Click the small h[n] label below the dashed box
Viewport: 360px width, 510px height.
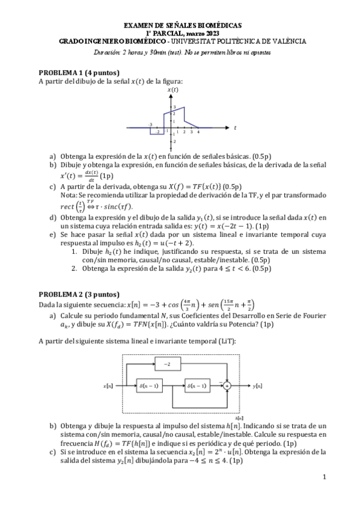click(240, 417)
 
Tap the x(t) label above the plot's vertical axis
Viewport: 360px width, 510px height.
click(172, 90)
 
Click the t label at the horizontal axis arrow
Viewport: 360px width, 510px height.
click(235, 127)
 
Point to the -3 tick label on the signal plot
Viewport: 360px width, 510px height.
click(150, 123)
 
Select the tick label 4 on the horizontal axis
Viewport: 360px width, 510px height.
click(198, 132)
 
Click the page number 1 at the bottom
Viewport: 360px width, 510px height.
click(323, 478)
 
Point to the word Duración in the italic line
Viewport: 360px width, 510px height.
click(107, 52)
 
